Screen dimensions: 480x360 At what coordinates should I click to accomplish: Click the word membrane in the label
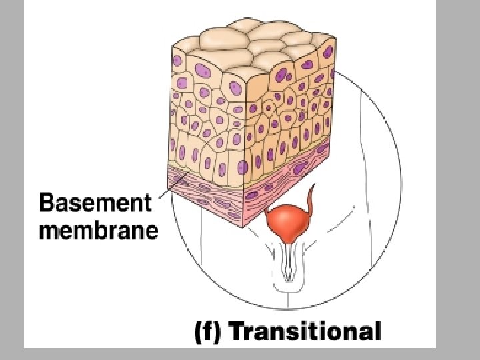pos(99,231)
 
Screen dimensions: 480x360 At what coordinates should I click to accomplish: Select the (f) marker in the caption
pos(207,332)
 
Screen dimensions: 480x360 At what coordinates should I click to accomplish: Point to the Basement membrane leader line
pos(163,189)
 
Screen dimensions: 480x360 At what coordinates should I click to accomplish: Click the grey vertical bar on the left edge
pos(12,180)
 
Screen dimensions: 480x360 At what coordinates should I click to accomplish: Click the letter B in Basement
pos(47,202)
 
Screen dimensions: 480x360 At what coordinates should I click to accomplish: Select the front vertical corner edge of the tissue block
pos(245,133)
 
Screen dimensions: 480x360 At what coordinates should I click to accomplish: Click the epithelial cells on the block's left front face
pos(207,120)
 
